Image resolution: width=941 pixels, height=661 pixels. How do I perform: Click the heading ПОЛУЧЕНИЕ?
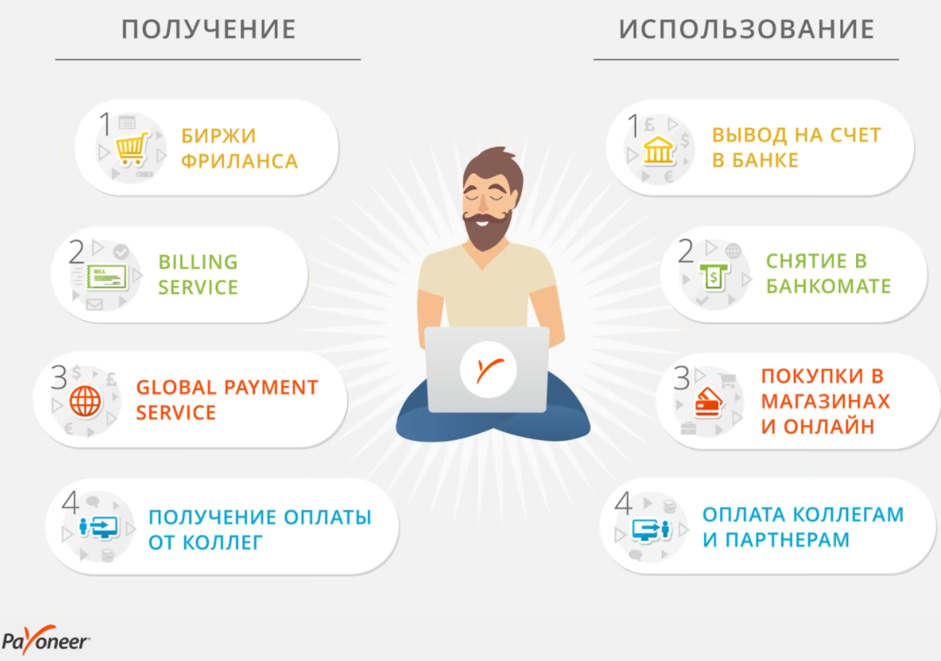pyautogui.click(x=209, y=29)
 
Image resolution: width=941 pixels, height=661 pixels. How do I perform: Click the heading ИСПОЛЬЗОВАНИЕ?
pyautogui.click(x=747, y=29)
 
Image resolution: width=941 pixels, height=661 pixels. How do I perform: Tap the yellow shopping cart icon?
pyautogui.click(x=132, y=149)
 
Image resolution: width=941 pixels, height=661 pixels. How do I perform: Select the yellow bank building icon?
pyautogui.click(x=658, y=149)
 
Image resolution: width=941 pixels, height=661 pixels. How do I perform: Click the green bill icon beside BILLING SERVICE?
pyautogui.click(x=107, y=278)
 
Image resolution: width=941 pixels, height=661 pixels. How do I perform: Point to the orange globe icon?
pyautogui.click(x=85, y=401)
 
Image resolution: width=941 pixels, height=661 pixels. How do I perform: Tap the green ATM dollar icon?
pyautogui.click(x=713, y=277)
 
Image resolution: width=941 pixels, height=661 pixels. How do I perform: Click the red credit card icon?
pyautogui.click(x=709, y=402)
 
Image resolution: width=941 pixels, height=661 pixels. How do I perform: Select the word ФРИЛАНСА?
pyautogui.click(x=239, y=160)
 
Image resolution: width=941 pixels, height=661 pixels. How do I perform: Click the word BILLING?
pyautogui.click(x=198, y=262)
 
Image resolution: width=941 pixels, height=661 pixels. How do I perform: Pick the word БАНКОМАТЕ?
pyautogui.click(x=828, y=285)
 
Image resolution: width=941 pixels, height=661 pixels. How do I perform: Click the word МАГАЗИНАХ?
pyautogui.click(x=825, y=401)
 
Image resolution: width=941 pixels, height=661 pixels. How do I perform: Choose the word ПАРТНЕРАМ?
pyautogui.click(x=787, y=540)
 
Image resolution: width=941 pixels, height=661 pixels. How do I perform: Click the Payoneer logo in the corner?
pyautogui.click(x=46, y=640)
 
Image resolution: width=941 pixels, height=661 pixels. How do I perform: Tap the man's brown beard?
pyautogui.click(x=488, y=230)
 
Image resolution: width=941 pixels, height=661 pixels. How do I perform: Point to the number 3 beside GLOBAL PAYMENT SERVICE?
pyautogui.click(x=59, y=377)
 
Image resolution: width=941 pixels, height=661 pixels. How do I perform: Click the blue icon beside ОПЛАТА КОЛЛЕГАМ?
pyautogui.click(x=650, y=529)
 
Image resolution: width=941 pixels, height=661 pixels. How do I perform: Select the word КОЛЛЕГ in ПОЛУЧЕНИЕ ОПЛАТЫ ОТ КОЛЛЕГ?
pyautogui.click(x=222, y=542)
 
